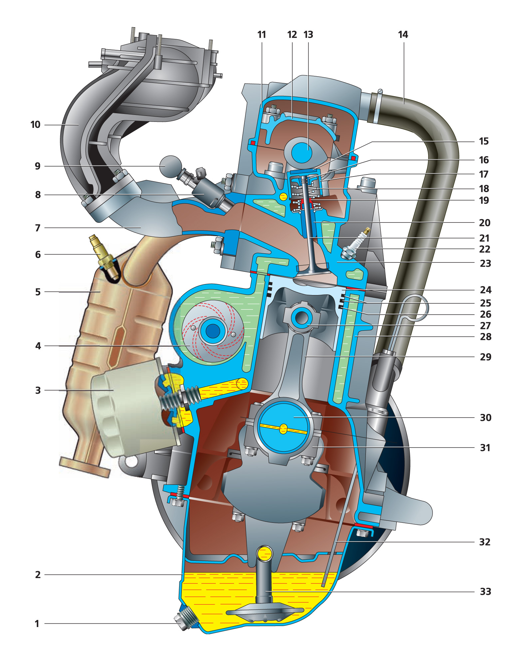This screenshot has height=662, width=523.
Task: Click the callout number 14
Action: click(403, 35)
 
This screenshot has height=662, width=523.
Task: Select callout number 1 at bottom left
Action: click(37, 624)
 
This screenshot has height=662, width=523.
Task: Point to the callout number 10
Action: click(35, 125)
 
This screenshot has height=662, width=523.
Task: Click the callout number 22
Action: click(485, 249)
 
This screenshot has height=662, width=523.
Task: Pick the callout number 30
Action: click(485, 418)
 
